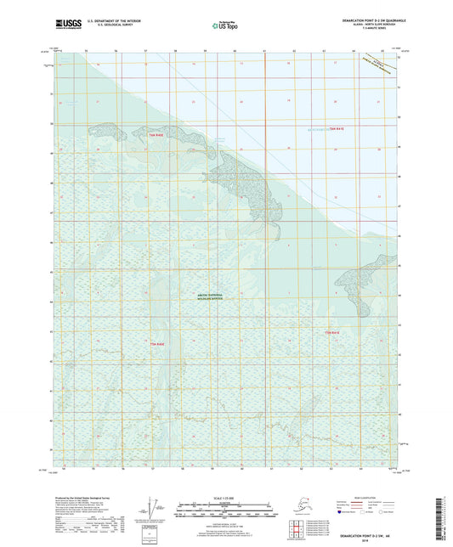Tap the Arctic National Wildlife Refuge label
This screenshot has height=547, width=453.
[207, 298]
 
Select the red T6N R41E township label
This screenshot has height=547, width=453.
[340, 127]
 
